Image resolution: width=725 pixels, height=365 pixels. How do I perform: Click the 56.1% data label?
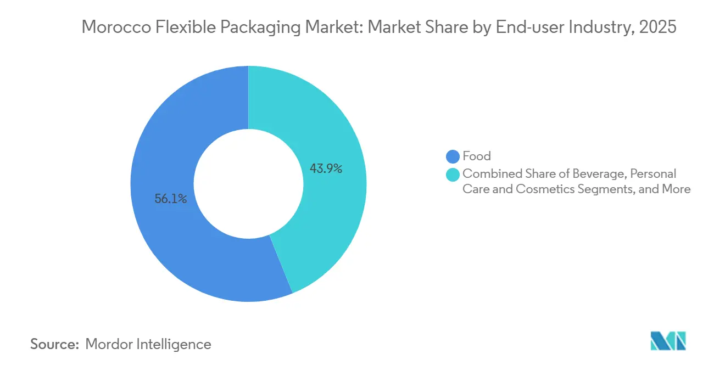[171, 199]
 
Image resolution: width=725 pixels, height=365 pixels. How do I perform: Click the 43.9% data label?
[326, 169]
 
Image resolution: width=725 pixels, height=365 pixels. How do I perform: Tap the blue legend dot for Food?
[453, 156]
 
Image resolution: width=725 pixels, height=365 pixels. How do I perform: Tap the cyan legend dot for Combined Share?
[453, 174]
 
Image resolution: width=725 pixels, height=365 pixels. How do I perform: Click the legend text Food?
[476, 156]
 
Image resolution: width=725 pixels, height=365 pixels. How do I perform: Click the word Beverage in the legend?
[600, 174]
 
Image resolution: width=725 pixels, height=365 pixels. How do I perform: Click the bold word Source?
[54, 344]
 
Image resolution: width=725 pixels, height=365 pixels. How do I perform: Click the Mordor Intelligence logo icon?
[668, 341]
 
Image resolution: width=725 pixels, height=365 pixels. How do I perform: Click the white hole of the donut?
[248, 184]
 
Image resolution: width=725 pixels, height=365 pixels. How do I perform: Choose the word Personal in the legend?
[653, 174]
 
